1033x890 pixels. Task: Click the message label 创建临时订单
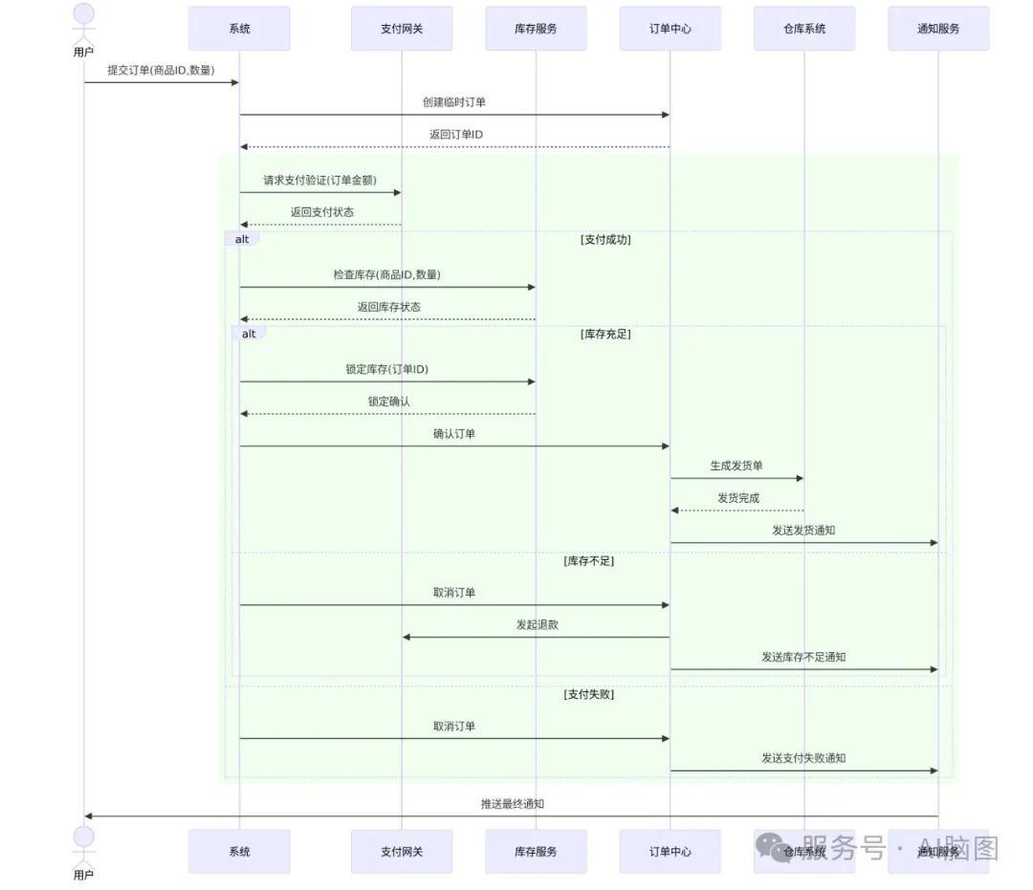[x=454, y=101]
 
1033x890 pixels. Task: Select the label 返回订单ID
[x=455, y=134]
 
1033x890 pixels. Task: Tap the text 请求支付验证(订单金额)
[x=319, y=180]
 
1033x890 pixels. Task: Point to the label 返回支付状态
[x=321, y=211]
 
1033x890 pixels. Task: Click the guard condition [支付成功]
[x=605, y=240]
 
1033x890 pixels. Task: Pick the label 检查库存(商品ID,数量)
[x=386, y=274]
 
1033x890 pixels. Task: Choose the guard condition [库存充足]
[x=605, y=334]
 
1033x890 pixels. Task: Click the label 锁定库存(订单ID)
[x=386, y=369]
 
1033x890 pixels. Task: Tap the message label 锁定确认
[x=388, y=402]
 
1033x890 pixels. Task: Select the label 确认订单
[x=453, y=433]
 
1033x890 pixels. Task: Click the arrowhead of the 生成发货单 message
[x=799, y=478]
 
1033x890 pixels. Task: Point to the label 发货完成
[x=737, y=498]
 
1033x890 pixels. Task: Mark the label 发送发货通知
[x=803, y=530]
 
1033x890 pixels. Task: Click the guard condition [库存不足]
[x=588, y=561]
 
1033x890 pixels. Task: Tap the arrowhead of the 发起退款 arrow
[x=407, y=637]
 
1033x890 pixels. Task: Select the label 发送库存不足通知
[x=803, y=657]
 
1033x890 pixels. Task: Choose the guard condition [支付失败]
[x=588, y=694]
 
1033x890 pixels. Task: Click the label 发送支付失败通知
[x=803, y=758]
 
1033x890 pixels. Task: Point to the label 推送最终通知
[x=512, y=804]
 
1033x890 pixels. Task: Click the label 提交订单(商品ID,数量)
[x=161, y=70]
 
